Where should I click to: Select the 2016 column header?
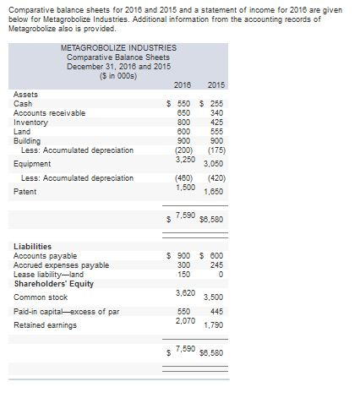click(x=181, y=85)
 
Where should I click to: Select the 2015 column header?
click(x=215, y=85)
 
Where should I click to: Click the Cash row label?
click(x=23, y=103)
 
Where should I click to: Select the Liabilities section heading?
click(x=33, y=246)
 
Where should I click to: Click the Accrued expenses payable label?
click(x=61, y=264)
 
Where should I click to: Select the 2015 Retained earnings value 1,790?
click(x=217, y=325)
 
